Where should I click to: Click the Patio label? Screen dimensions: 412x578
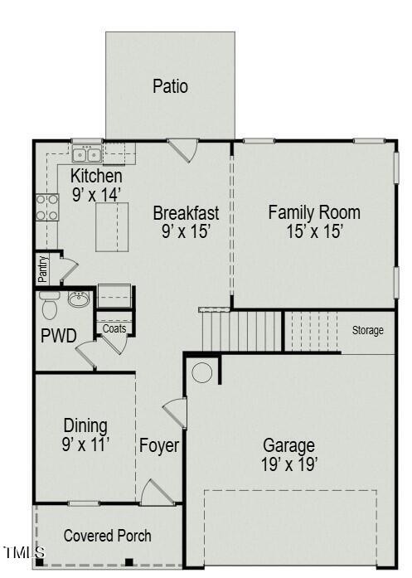(170, 86)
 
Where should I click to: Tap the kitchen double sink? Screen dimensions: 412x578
(87, 154)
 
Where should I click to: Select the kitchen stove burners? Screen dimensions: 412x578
(47, 207)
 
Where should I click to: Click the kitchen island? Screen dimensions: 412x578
(112, 227)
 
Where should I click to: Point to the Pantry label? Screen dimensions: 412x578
(43, 269)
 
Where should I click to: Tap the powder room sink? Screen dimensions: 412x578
(79, 299)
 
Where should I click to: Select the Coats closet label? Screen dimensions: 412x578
(114, 328)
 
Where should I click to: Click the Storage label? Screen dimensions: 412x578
(367, 330)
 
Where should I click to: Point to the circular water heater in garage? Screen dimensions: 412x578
(202, 372)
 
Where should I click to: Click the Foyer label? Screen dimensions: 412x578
(159, 445)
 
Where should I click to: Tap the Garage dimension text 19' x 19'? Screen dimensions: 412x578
(289, 464)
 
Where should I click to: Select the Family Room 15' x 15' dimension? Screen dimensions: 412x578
(315, 231)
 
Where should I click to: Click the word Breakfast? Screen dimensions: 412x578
(186, 213)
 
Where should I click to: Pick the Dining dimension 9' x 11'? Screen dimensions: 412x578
(85, 444)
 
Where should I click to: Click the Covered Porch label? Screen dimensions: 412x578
(107, 536)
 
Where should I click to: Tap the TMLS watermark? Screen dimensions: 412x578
(24, 552)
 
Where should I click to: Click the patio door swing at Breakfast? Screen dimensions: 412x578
(183, 150)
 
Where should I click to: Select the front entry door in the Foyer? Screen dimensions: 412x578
(158, 492)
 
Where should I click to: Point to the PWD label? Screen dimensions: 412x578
(59, 336)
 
